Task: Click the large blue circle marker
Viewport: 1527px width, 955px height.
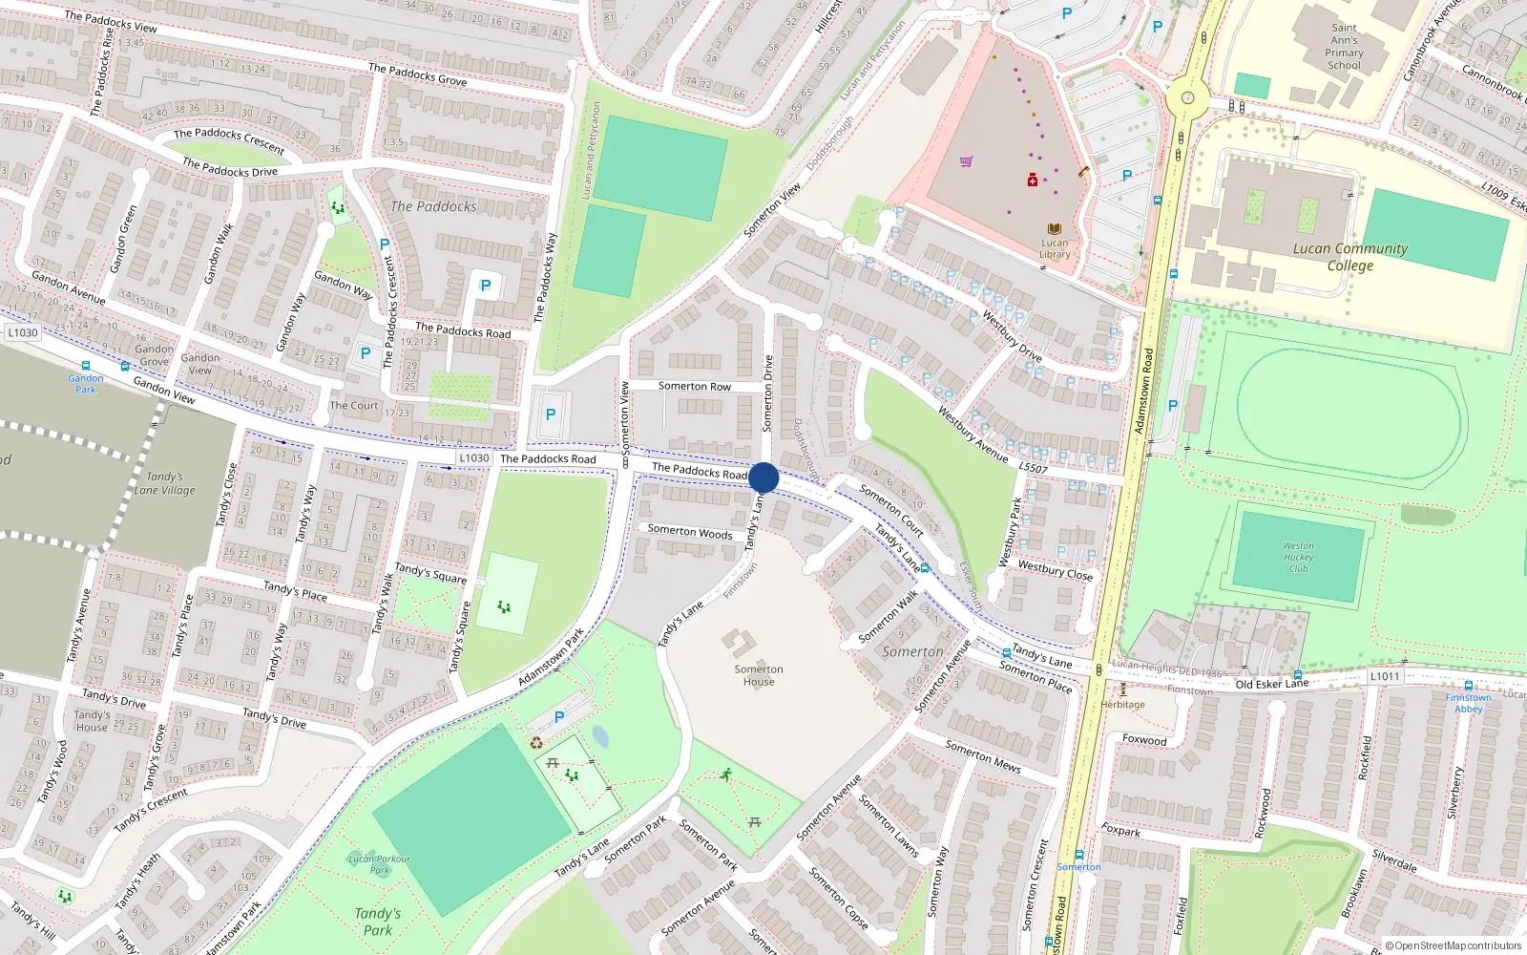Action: (763, 477)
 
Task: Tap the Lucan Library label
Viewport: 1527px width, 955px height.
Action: (1055, 248)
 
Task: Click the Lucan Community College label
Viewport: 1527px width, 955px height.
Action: (1349, 257)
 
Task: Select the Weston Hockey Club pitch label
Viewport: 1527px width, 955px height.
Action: (1298, 557)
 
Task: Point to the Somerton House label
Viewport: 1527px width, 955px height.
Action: (759, 675)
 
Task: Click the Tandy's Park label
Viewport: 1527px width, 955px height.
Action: (378, 922)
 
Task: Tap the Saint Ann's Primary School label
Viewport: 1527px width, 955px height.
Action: (1344, 47)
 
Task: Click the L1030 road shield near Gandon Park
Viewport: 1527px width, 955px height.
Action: (23, 332)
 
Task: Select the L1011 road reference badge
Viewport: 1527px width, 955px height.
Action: (1385, 676)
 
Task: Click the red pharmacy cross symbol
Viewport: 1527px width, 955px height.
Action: (1032, 180)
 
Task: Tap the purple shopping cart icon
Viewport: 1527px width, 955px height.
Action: (966, 161)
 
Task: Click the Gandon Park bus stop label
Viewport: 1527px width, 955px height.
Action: (85, 384)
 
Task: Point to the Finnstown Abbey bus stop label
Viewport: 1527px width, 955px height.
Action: (1468, 703)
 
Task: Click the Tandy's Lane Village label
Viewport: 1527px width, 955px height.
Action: (164, 483)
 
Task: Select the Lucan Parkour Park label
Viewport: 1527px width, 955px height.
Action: (380, 864)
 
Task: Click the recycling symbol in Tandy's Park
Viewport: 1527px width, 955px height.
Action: (536, 742)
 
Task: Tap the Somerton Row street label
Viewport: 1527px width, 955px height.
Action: (694, 387)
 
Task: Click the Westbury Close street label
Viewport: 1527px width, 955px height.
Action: (1055, 570)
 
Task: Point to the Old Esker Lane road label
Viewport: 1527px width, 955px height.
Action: (1272, 684)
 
